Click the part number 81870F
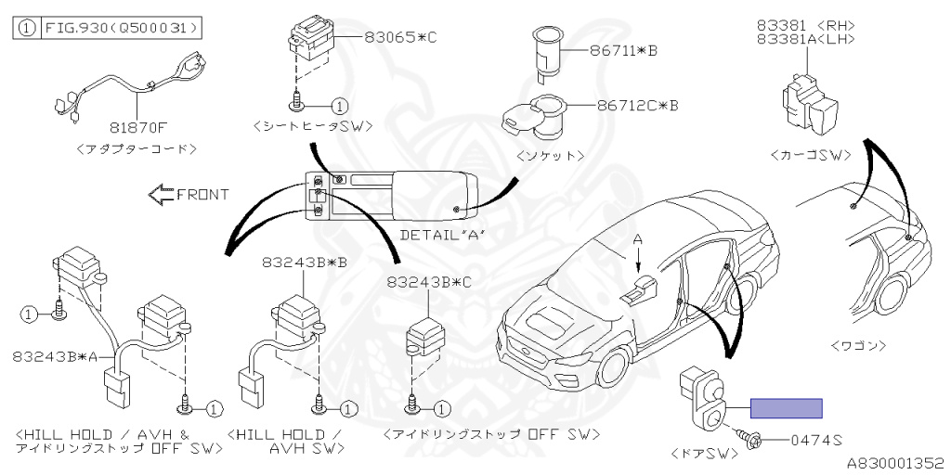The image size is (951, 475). (137, 128)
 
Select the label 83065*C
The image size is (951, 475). (399, 37)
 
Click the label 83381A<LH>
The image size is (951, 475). (805, 39)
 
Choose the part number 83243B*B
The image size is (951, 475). (306, 263)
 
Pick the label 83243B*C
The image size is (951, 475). (429, 281)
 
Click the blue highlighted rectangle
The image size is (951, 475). (786, 408)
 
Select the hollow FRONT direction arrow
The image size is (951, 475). (162, 194)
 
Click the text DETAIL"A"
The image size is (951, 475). (442, 235)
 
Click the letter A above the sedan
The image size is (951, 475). (637, 239)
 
